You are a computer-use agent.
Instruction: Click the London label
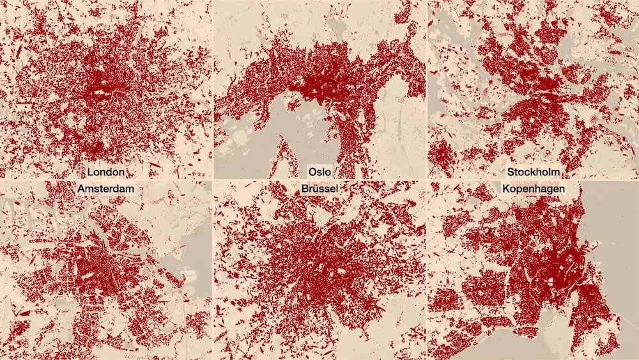pyautogui.click(x=106, y=172)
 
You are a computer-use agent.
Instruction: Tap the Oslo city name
pyautogui.click(x=319, y=172)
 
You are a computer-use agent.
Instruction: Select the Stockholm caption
pyautogui.click(x=532, y=172)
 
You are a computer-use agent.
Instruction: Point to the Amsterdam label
pyautogui.click(x=106, y=189)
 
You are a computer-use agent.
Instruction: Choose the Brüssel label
pyautogui.click(x=319, y=189)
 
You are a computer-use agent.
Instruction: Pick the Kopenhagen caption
pyautogui.click(x=532, y=189)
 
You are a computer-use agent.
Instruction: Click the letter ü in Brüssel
pyautogui.click(x=316, y=189)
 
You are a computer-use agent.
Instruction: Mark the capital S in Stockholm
pyautogui.click(x=511, y=172)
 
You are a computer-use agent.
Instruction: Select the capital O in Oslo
pyautogui.click(x=312, y=172)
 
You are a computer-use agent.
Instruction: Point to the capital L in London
pyautogui.click(x=90, y=172)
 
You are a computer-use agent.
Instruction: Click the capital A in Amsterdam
pyautogui.click(x=81, y=189)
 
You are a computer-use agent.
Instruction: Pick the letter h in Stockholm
pyautogui.click(x=541, y=172)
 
